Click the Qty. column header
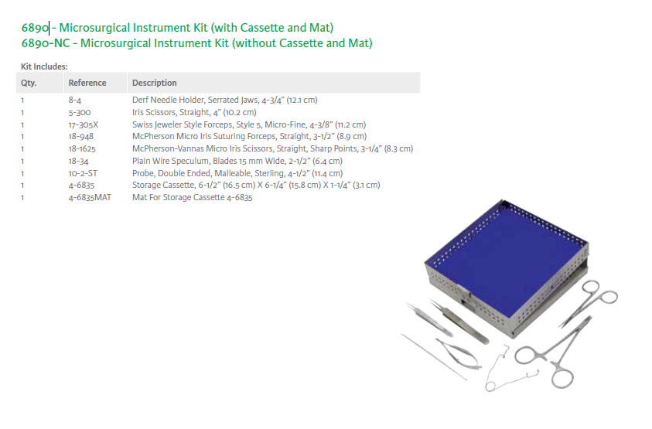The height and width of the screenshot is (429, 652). point(29,83)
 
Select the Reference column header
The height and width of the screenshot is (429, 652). point(87,83)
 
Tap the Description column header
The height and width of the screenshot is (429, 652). point(154,83)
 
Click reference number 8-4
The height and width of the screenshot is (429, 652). point(75,100)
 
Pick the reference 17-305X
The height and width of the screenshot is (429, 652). point(84,124)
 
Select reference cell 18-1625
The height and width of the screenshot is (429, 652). point(82,149)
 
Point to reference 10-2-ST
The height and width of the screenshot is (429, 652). point(83,173)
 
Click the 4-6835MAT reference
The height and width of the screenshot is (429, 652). point(90,197)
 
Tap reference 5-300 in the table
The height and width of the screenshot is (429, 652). point(80,112)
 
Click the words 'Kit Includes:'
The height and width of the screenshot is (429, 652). point(44,66)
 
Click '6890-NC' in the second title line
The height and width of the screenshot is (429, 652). point(46,43)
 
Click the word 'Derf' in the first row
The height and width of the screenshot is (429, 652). point(140,100)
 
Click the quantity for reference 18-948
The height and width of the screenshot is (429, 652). point(22,137)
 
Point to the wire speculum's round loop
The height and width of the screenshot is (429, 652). point(490,386)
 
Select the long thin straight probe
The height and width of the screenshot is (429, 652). point(434,356)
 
